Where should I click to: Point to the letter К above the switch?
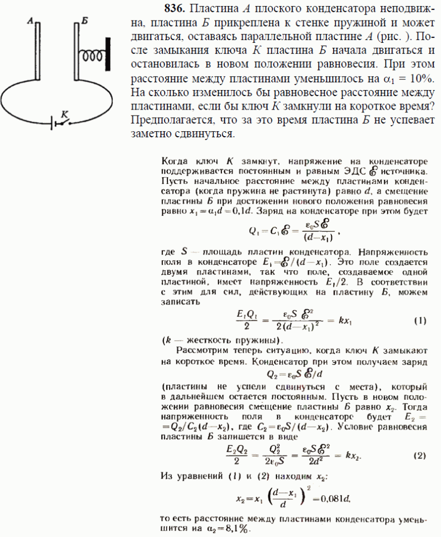tap(65, 113)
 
